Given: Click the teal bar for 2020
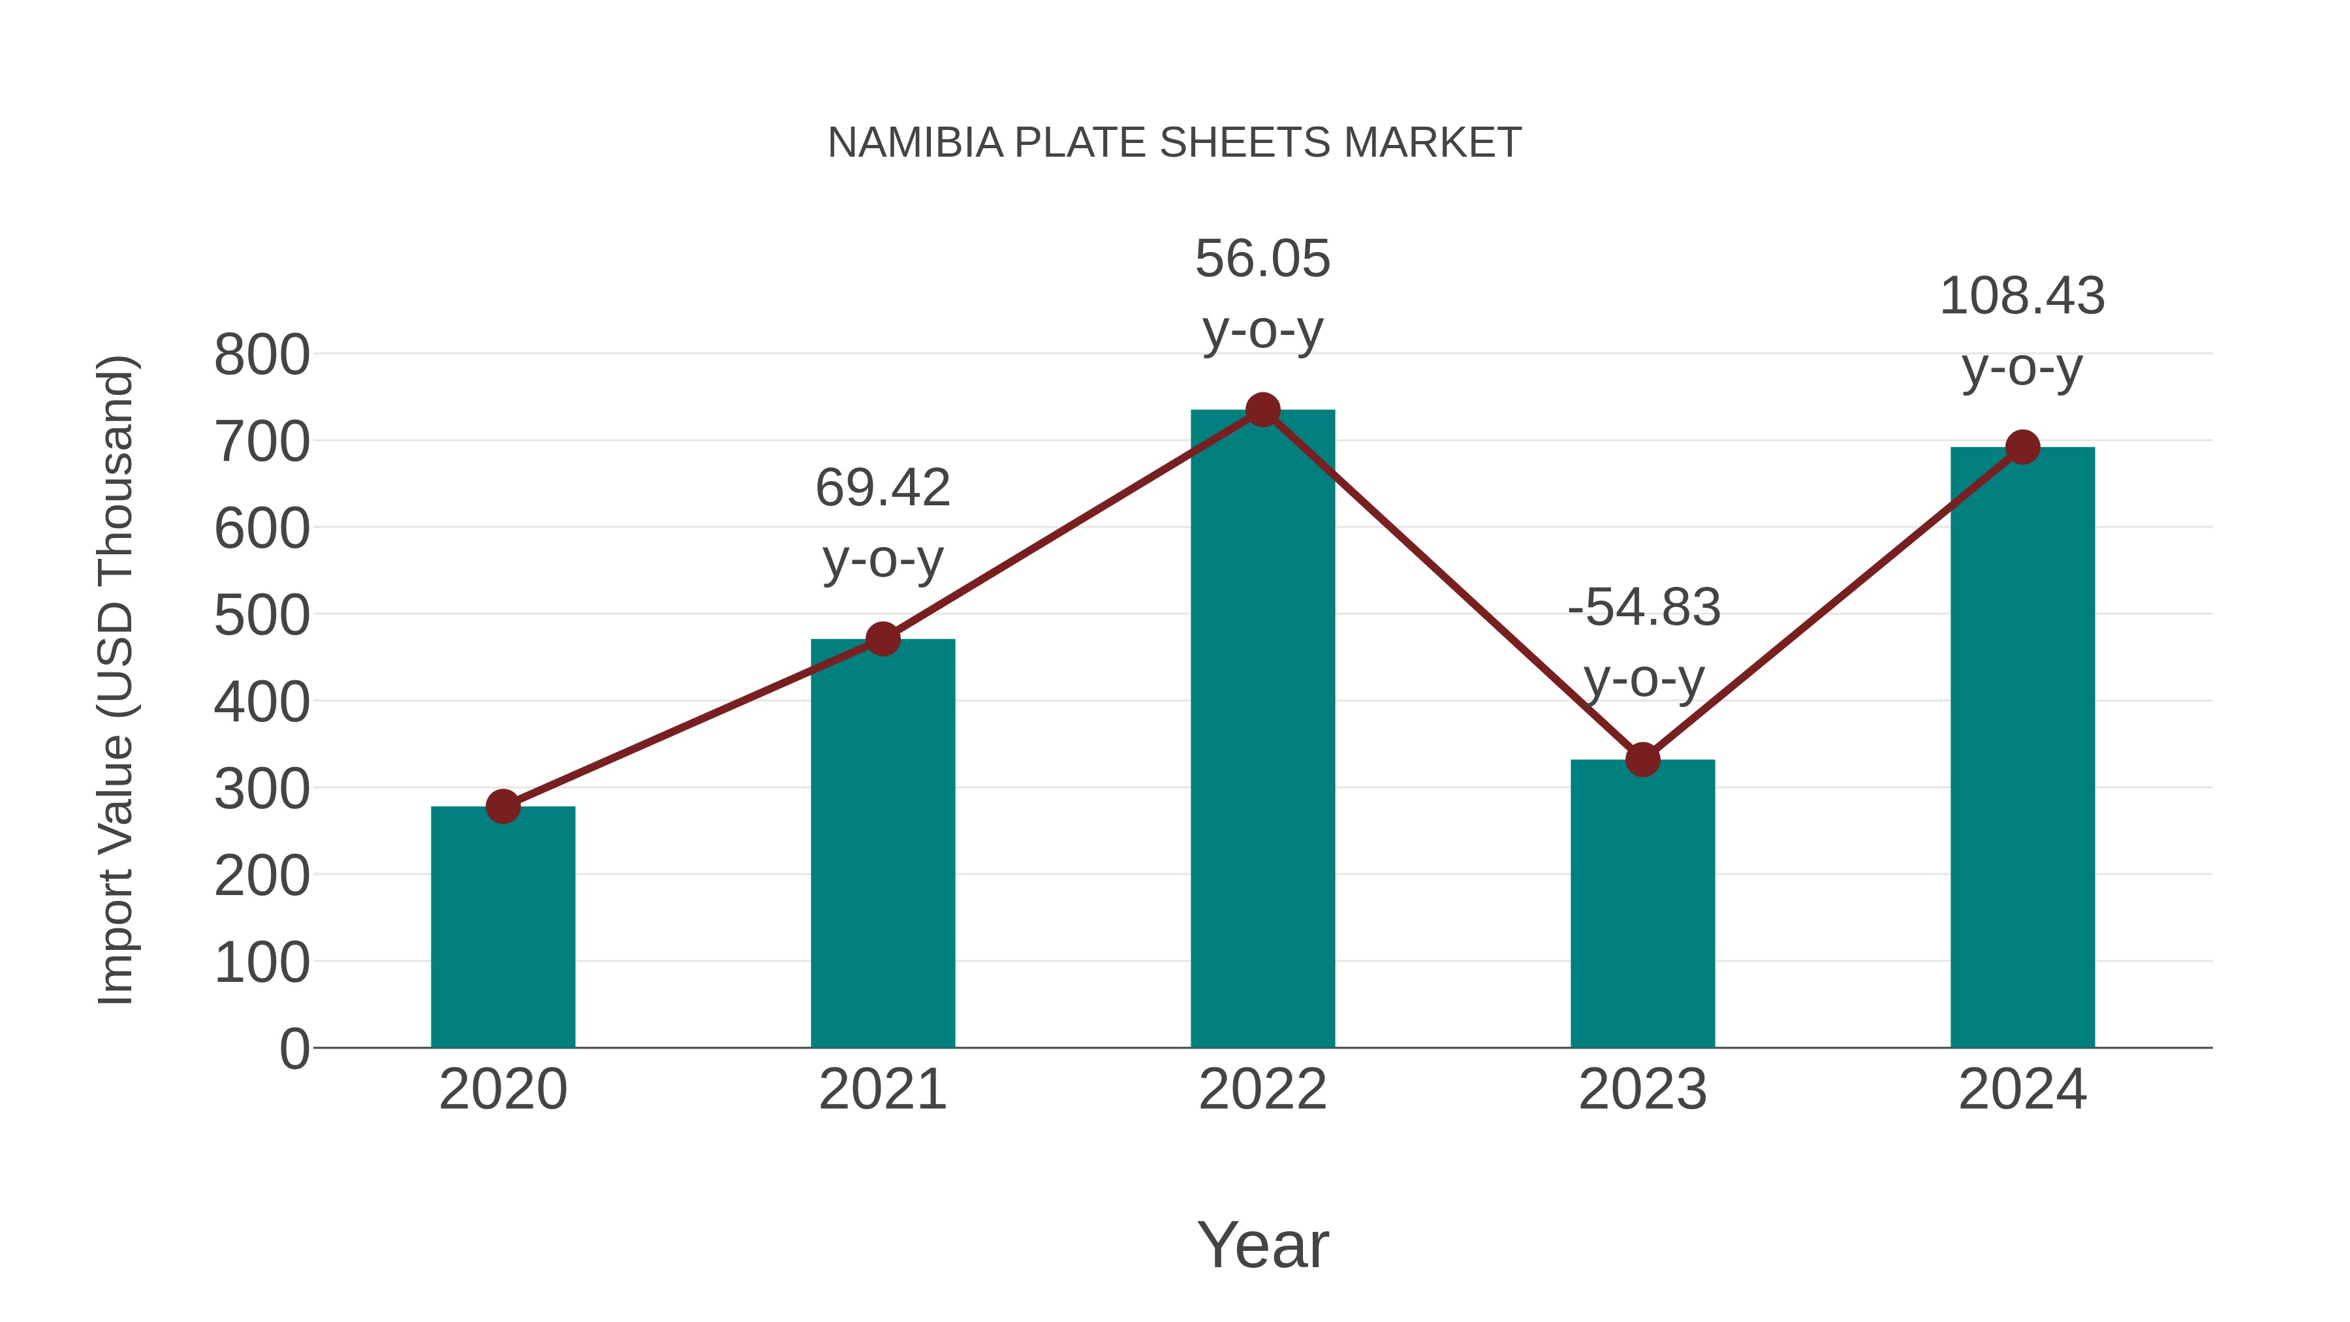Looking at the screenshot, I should coord(503,926).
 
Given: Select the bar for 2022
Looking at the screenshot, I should coord(1262,730).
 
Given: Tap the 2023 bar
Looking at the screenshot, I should coord(1642,904).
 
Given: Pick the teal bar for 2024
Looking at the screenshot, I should coord(2022,748).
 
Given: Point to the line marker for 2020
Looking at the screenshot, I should coord(503,806).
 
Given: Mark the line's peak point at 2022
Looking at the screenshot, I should coord(1262,409).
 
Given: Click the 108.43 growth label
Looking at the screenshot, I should coord(2022,296).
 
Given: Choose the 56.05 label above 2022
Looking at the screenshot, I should coord(1262,259).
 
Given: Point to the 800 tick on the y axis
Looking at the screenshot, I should coord(262,355).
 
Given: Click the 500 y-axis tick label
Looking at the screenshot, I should coord(262,616).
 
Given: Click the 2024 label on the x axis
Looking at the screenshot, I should coord(2022,1090).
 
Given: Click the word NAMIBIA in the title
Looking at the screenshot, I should coord(915,143).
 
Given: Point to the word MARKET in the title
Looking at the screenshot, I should coord(1432,143).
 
